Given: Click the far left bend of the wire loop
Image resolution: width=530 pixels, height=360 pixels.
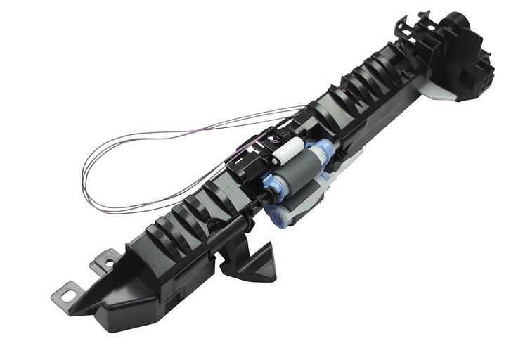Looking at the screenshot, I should [x=84, y=172].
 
